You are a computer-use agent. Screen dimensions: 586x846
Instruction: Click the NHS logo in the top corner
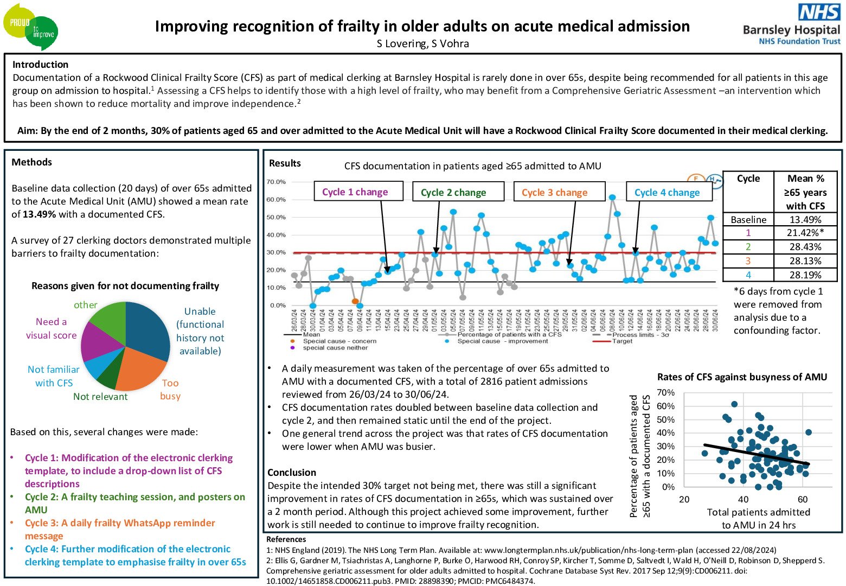(819, 12)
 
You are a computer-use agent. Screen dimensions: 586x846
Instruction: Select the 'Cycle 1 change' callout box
(358, 192)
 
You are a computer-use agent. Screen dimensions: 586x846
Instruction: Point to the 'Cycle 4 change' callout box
(669, 192)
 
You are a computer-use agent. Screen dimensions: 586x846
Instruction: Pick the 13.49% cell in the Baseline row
(805, 220)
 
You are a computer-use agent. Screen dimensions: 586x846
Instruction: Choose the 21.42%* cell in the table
(805, 233)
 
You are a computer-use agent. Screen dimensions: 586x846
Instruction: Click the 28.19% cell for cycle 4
(805, 275)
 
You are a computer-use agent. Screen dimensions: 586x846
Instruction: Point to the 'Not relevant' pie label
(100, 397)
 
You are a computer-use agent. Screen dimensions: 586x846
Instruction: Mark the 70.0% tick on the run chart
(277, 182)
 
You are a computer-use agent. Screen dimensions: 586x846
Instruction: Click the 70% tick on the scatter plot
(666, 392)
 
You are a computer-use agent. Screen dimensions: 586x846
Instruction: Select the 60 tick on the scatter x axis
(803, 499)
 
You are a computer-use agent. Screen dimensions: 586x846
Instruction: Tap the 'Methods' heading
(32, 162)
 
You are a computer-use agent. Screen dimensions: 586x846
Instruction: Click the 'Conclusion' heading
(292, 473)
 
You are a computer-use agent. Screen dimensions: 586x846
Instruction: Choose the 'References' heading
(286, 539)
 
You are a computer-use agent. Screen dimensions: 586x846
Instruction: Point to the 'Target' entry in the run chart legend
(622, 341)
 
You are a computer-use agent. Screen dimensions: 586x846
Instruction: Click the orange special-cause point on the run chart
(355, 301)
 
